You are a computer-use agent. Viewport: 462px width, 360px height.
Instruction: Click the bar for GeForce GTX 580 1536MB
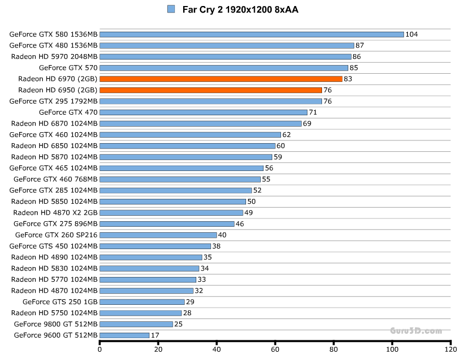(x=252, y=34)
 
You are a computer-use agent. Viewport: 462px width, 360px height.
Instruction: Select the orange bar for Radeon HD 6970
(x=221, y=79)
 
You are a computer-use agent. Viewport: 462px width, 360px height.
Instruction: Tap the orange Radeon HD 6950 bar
(x=210, y=90)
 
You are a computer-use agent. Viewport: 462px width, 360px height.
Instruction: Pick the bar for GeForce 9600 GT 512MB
(x=125, y=335)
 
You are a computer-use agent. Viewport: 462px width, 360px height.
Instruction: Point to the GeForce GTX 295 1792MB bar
(x=210, y=101)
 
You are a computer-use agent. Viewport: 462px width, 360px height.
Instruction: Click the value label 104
(x=412, y=34)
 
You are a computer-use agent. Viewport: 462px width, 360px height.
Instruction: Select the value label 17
(x=155, y=335)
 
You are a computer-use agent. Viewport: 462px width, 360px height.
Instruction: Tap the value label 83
(x=348, y=79)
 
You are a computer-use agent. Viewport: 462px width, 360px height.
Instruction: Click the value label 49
(x=249, y=213)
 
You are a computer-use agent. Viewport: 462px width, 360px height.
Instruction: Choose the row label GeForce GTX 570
(x=68, y=68)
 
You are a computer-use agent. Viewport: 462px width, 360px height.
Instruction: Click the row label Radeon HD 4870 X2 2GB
(x=55, y=213)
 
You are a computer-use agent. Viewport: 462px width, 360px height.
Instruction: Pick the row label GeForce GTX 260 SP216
(x=56, y=235)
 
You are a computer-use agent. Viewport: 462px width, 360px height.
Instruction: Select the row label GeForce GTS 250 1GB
(x=60, y=302)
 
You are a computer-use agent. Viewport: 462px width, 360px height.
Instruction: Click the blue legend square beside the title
(x=171, y=9)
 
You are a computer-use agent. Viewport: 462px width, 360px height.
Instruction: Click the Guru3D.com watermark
(x=416, y=331)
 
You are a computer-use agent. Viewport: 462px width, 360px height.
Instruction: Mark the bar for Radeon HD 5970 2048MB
(x=225, y=56)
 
